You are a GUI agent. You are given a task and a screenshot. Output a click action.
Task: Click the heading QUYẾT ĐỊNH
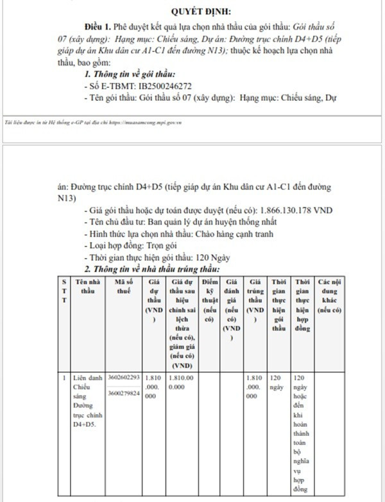pos(201,11)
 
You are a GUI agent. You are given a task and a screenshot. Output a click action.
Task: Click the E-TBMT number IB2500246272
pos(157,86)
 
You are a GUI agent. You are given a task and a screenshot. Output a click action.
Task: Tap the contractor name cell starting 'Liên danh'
pos(85,401)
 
